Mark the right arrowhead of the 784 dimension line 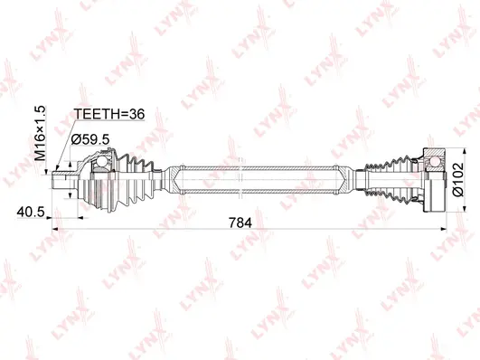(443, 229)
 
